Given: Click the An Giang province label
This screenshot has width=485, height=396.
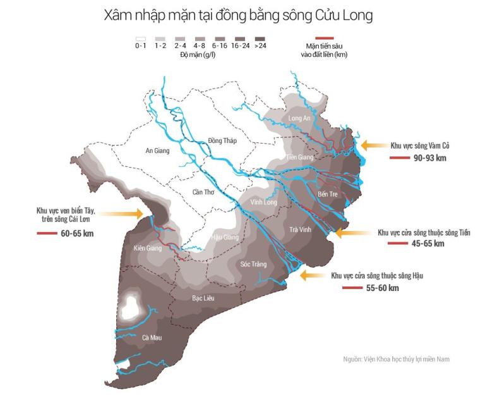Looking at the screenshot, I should click(157, 151).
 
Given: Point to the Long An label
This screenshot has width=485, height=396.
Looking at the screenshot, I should click(298, 118).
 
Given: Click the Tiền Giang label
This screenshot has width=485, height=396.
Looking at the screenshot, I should click(299, 157).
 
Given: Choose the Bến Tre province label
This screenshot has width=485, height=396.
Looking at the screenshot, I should click(328, 194).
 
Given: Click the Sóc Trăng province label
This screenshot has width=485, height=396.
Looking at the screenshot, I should click(254, 264).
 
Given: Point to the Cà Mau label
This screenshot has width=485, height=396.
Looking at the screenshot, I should click(152, 337).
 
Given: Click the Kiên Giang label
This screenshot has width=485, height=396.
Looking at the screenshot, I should click(147, 248).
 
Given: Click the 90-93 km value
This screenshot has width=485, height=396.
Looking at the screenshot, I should click(429, 158).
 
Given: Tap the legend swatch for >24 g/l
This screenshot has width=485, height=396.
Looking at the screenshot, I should click(260, 39).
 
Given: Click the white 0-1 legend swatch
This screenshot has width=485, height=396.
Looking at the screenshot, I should click(140, 39).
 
